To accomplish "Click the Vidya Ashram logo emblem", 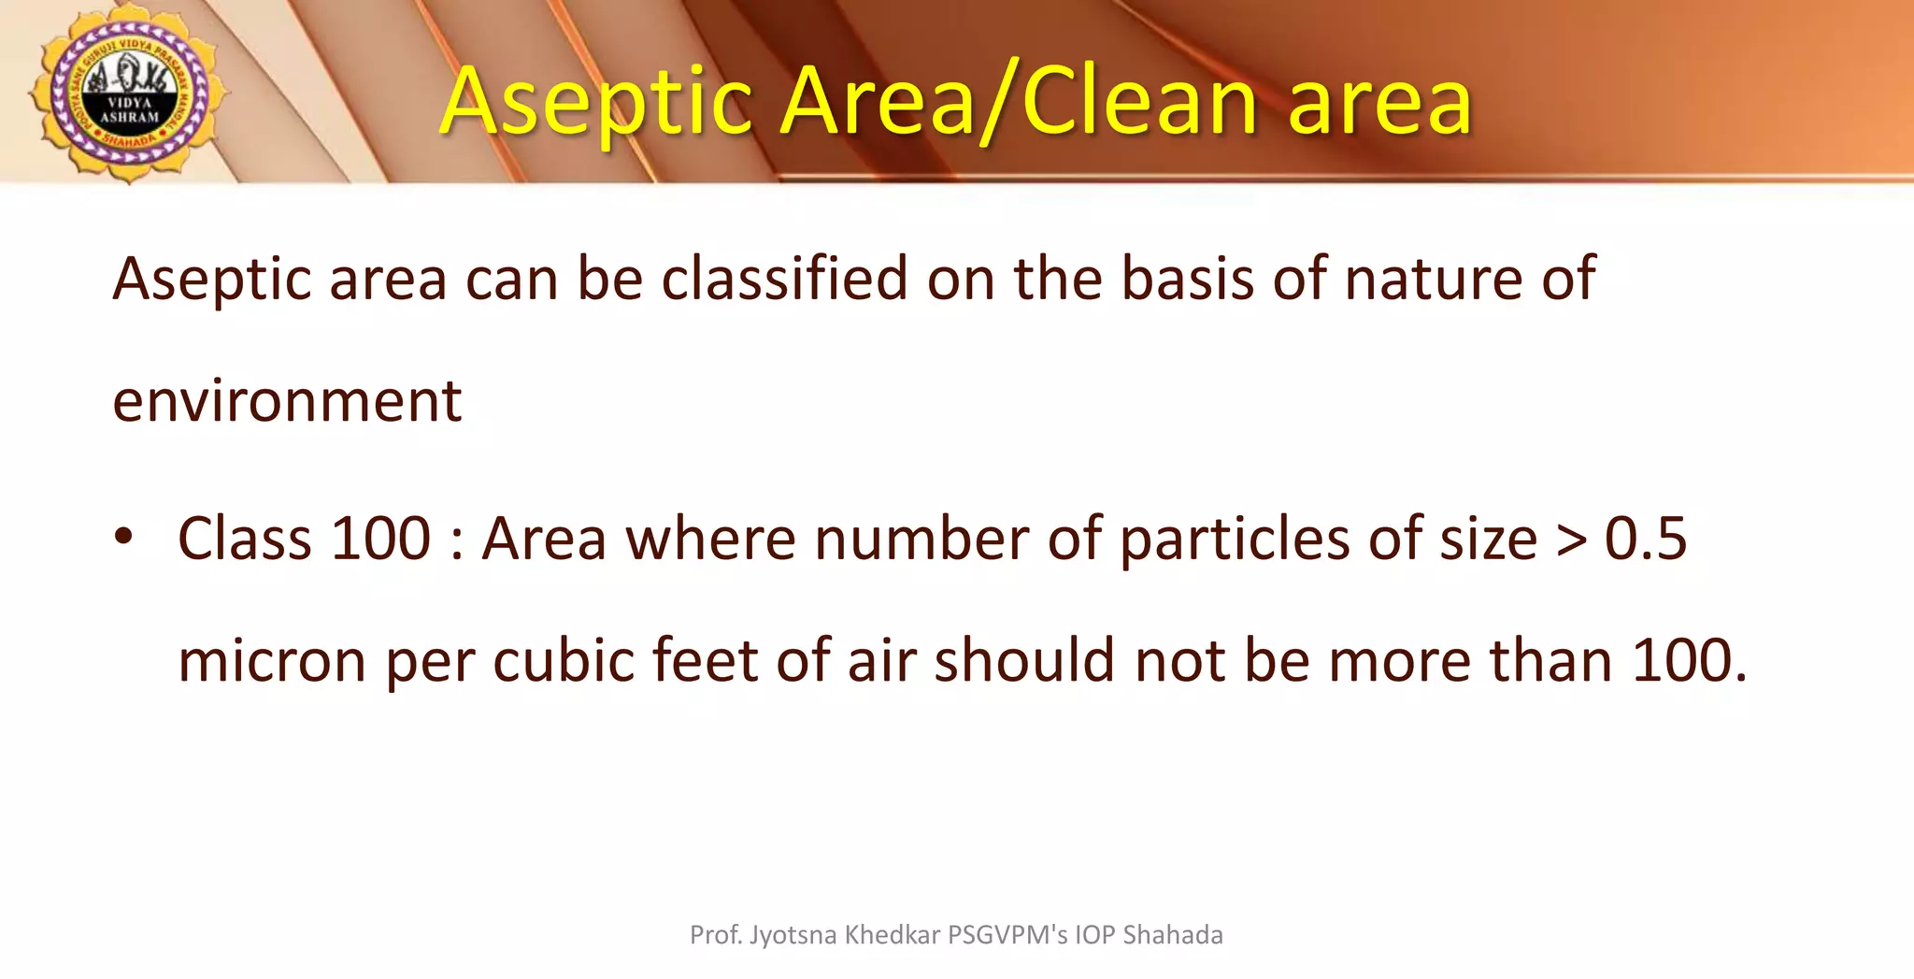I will coord(128,94).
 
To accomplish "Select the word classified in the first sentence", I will coord(784,279).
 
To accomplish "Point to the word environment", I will coord(287,400).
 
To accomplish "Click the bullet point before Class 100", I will coord(123,538).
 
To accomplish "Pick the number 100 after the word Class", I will coord(380,539).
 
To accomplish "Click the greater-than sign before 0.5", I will coord(1570,540).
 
